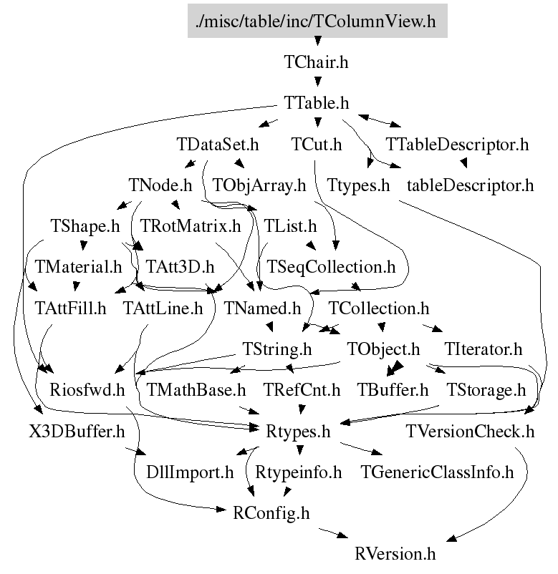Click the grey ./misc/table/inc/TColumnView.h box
(316, 21)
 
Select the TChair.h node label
(316, 62)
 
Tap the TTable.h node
(316, 104)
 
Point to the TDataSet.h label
(217, 145)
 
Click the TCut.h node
(316, 145)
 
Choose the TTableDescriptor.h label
(457, 145)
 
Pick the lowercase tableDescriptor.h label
(470, 186)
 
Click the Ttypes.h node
(358, 186)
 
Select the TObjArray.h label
(259, 186)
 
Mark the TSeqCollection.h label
(331, 268)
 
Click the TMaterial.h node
(79, 268)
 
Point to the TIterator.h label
(483, 351)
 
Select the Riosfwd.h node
(87, 391)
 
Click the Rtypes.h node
(298, 432)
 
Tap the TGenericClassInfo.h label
(438, 472)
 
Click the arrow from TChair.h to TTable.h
(316, 83)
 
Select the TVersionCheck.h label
(470, 432)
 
